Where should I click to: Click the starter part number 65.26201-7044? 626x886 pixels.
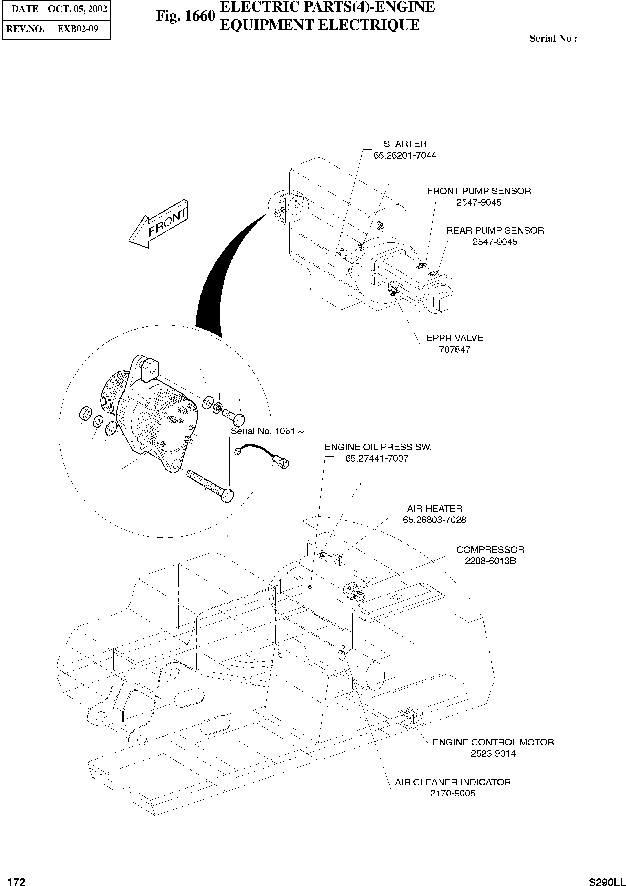coord(405,155)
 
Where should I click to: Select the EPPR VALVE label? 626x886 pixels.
coord(455,338)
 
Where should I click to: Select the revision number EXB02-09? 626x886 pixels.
coord(78,29)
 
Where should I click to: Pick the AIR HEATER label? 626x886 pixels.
coord(434,509)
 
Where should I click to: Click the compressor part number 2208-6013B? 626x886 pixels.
coord(490,561)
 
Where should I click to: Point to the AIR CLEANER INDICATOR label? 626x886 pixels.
coord(453,782)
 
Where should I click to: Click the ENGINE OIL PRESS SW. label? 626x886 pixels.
coord(378,447)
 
